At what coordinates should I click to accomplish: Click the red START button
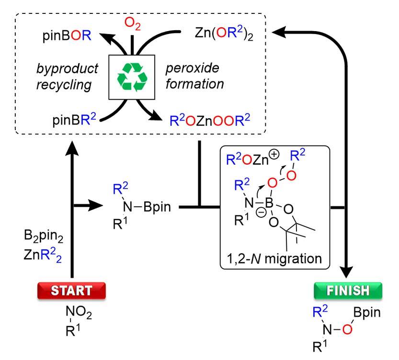coord(71,290)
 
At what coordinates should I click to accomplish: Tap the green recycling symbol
coord(133,77)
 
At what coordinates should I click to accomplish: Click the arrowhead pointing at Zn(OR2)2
coord(278,32)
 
